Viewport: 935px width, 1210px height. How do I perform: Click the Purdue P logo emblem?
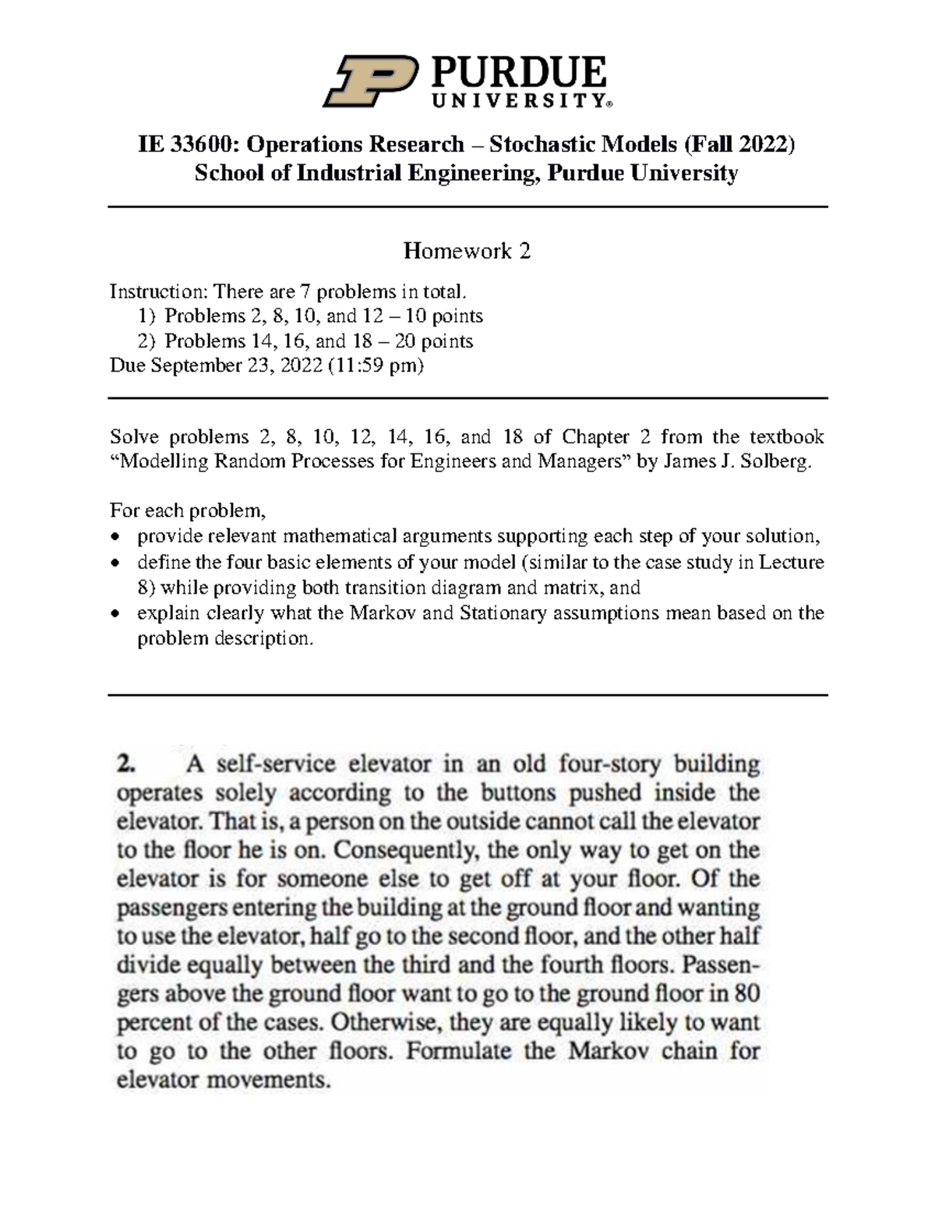(367, 81)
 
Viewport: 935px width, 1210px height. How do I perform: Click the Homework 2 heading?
(467, 251)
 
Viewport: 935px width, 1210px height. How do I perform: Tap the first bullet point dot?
(116, 537)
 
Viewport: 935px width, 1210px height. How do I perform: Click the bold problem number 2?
(125, 764)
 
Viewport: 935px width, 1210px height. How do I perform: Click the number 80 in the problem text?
(746, 994)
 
